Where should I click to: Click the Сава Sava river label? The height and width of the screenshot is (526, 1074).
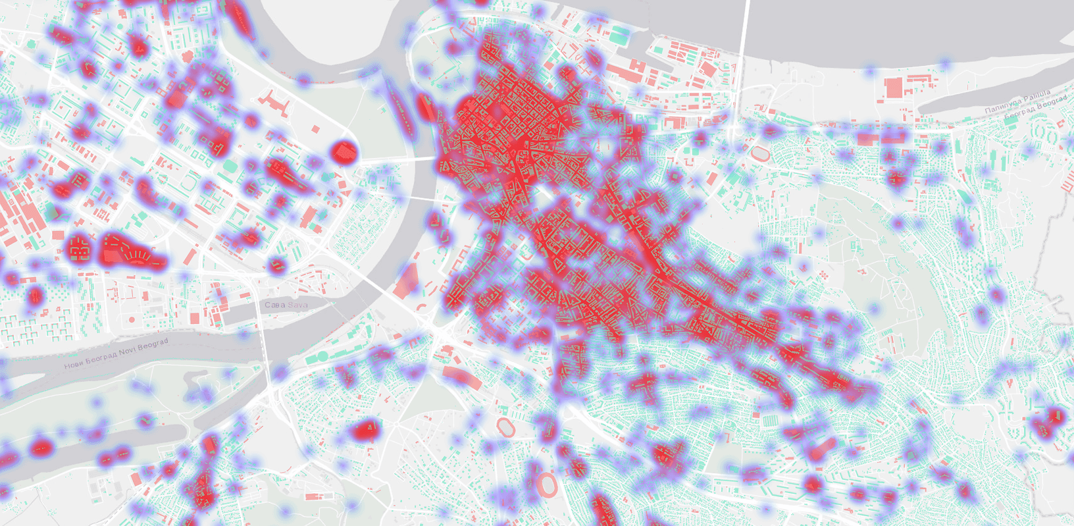[x=286, y=305]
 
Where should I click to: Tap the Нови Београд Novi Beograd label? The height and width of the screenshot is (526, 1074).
[x=116, y=354]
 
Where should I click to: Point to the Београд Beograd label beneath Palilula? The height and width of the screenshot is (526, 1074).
[x=1035, y=108]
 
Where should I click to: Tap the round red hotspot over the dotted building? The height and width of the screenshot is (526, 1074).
[x=343, y=151]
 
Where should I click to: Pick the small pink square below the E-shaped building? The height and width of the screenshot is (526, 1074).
[x=316, y=129]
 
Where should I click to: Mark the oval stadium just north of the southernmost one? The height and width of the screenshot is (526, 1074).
[x=505, y=427]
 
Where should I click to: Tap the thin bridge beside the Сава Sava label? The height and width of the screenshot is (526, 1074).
[x=261, y=329]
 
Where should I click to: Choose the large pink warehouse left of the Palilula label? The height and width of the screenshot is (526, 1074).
[x=893, y=88]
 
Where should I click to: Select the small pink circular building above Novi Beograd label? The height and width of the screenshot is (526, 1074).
[x=132, y=320]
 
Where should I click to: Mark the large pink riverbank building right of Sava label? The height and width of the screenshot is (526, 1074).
[x=405, y=281]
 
